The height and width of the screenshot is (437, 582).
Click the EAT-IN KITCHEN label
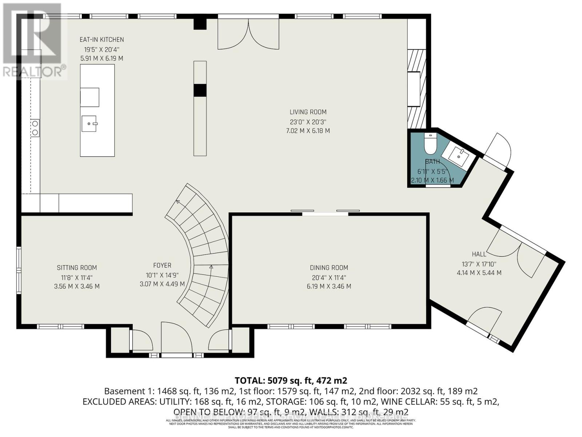tap(102, 39)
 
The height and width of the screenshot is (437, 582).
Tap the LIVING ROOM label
tap(308, 112)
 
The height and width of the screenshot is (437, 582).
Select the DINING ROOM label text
tap(329, 268)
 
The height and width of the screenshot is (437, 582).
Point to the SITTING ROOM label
tap(77, 268)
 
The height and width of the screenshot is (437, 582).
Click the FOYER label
tap(162, 265)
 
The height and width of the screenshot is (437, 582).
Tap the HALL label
tap(479, 254)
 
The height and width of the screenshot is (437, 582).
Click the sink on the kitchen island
tap(89, 123)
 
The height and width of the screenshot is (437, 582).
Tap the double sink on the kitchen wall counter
tap(35, 128)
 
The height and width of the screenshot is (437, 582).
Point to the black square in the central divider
tap(200, 90)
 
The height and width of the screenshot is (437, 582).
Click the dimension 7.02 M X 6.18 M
tap(308, 131)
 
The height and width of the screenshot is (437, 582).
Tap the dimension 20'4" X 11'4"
tap(329, 277)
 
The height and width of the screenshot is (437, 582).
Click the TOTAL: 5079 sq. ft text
tap(291, 381)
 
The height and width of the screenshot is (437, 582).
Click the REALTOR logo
tap(33, 40)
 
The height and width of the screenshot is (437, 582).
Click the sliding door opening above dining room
tap(325, 213)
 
